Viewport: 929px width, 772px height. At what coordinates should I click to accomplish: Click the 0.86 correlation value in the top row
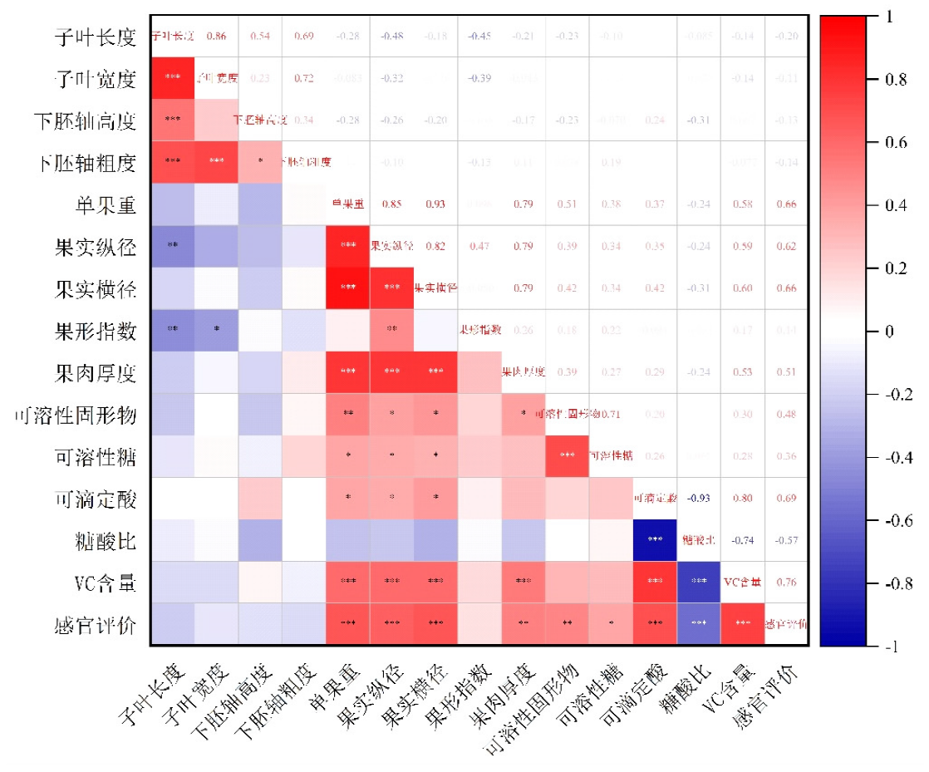[x=216, y=36]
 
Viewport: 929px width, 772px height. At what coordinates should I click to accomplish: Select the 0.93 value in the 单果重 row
[x=435, y=204]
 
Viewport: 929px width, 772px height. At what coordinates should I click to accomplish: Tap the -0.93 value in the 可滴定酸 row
[x=697, y=498]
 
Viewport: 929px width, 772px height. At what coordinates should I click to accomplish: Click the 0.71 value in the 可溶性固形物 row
[x=611, y=414]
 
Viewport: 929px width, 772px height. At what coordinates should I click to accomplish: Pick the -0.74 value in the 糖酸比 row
[x=741, y=539]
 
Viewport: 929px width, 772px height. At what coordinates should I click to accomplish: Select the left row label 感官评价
[x=95, y=625]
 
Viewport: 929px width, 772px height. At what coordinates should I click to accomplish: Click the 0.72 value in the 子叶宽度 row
[x=303, y=78]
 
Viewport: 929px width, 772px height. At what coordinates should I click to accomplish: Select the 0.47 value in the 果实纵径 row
[x=479, y=246]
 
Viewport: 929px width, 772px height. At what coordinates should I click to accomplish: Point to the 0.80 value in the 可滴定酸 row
[x=741, y=498]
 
